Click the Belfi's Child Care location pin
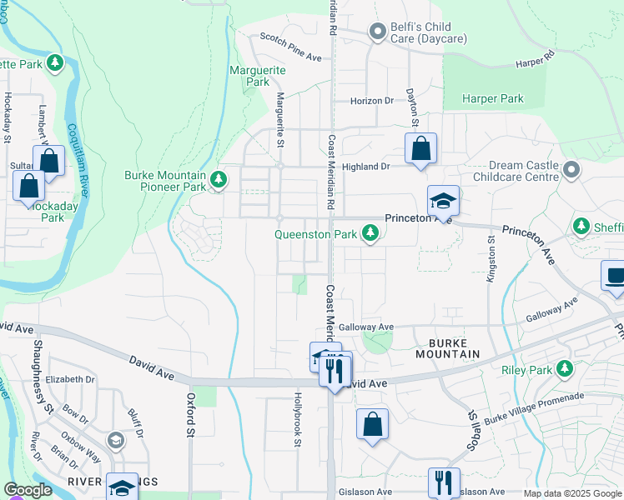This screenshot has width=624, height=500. (x=380, y=32)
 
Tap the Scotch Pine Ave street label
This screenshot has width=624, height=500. (x=290, y=47)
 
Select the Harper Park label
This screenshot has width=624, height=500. (x=494, y=98)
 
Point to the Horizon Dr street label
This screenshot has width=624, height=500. (x=371, y=101)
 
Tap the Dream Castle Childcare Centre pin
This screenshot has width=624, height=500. (x=571, y=171)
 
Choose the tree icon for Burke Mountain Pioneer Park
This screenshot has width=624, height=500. (x=219, y=181)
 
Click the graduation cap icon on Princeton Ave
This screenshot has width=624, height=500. (x=443, y=201)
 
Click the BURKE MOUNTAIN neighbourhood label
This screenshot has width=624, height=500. (x=442, y=347)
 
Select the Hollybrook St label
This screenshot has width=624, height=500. (x=296, y=421)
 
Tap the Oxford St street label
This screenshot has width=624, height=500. (x=190, y=415)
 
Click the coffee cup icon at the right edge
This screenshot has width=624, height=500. (x=615, y=277)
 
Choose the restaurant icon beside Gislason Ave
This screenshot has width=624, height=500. (x=443, y=482)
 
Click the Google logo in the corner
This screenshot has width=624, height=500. (x=28, y=491)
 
